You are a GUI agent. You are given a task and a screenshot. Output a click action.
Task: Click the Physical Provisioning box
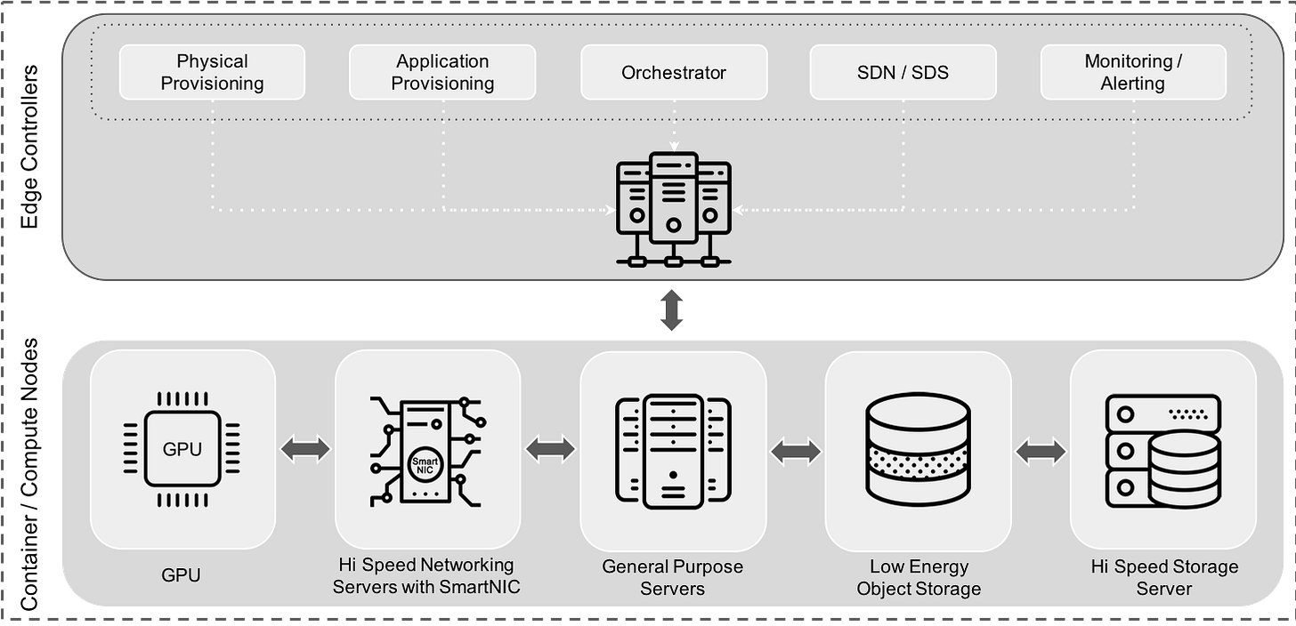click(212, 72)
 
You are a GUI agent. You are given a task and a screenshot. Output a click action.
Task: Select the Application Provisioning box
click(442, 72)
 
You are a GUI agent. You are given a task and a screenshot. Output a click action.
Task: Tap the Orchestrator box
click(673, 72)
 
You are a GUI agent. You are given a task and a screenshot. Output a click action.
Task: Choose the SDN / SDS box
click(903, 72)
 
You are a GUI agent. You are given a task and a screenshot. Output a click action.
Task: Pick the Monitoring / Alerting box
click(1132, 72)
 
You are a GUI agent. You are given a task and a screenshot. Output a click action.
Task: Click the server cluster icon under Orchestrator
click(673, 210)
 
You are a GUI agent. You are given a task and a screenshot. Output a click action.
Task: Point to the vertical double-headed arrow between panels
click(672, 310)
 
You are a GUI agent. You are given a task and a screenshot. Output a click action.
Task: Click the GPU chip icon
click(182, 449)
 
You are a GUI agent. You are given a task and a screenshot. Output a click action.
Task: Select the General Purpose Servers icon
click(673, 452)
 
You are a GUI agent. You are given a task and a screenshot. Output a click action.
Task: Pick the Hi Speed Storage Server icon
click(1162, 449)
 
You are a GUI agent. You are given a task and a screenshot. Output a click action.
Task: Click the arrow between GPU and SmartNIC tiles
click(305, 450)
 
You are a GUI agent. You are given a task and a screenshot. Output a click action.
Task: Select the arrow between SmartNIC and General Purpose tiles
click(550, 450)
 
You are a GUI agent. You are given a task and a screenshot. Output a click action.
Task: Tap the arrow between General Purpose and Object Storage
click(796, 452)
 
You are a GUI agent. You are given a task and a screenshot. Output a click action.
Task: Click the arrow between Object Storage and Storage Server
click(1041, 452)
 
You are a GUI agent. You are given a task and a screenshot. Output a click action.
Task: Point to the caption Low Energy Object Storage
click(919, 577)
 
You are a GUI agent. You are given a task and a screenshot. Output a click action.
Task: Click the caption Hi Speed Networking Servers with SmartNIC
click(426, 575)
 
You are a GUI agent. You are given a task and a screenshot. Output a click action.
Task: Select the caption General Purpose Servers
click(673, 577)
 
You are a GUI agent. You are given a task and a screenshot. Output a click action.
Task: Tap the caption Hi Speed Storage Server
click(1164, 577)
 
